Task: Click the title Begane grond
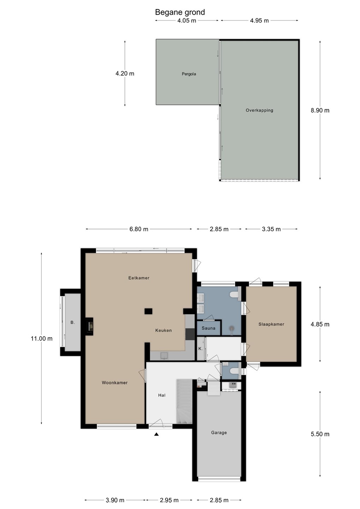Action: (180, 12)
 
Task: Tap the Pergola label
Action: (189, 74)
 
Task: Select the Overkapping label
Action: (259, 110)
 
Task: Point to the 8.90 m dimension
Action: (320, 110)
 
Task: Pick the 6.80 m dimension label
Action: (139, 229)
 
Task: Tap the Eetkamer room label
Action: (139, 278)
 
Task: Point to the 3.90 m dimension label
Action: (115, 500)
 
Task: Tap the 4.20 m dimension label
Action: (125, 74)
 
